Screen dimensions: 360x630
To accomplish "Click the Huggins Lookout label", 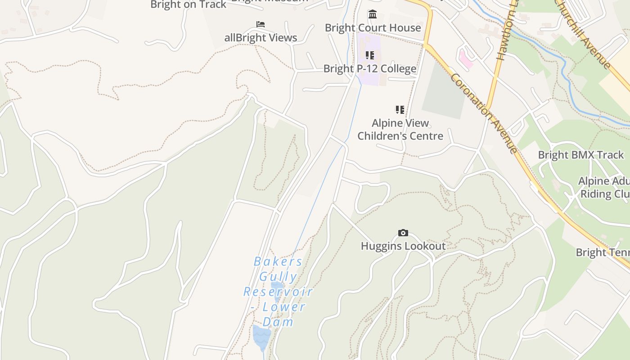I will click(403, 246).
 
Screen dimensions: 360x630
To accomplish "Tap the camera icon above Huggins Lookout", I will click(403, 233).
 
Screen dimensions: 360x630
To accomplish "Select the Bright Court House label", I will click(373, 28).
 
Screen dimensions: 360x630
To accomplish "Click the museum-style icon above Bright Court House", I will click(373, 14).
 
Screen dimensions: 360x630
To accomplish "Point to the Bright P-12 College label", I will click(370, 69).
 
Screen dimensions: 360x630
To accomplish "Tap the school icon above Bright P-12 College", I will click(370, 55).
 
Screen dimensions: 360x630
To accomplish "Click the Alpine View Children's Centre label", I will click(400, 130).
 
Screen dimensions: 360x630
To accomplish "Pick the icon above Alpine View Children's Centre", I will click(400, 109).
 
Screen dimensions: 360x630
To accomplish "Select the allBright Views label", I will click(261, 38).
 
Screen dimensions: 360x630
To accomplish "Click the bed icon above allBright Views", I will click(261, 24).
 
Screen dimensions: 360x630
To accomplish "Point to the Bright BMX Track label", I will click(581, 155).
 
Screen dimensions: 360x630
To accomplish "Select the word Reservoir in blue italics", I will click(278, 292).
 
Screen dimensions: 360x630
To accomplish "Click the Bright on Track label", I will click(188, 4).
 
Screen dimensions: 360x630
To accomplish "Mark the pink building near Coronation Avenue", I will click(466, 59).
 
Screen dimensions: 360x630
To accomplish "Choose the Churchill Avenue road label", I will click(583, 34).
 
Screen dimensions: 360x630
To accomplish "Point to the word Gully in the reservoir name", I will click(278, 277).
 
